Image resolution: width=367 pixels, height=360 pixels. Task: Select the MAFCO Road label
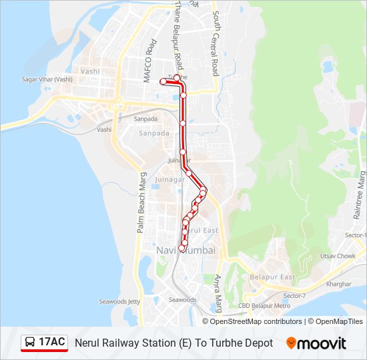point(150,61)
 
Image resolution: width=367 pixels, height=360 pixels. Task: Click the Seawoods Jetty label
point(119,301)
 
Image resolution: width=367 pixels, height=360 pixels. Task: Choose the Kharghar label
point(338,283)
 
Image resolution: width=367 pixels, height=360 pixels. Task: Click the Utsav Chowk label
point(338,256)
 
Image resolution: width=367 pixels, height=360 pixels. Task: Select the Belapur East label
point(272,277)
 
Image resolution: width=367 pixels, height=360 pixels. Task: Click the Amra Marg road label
point(218,294)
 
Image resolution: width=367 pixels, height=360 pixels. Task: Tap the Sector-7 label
point(294,295)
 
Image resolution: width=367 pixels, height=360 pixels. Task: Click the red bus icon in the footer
point(29,343)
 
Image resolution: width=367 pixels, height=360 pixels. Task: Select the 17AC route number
point(52,343)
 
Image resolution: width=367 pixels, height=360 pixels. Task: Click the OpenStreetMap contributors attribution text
point(257,321)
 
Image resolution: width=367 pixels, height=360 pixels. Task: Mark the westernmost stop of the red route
point(163,81)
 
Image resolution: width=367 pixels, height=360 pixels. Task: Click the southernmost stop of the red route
point(181,249)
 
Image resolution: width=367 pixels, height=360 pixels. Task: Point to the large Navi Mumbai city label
point(186,250)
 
